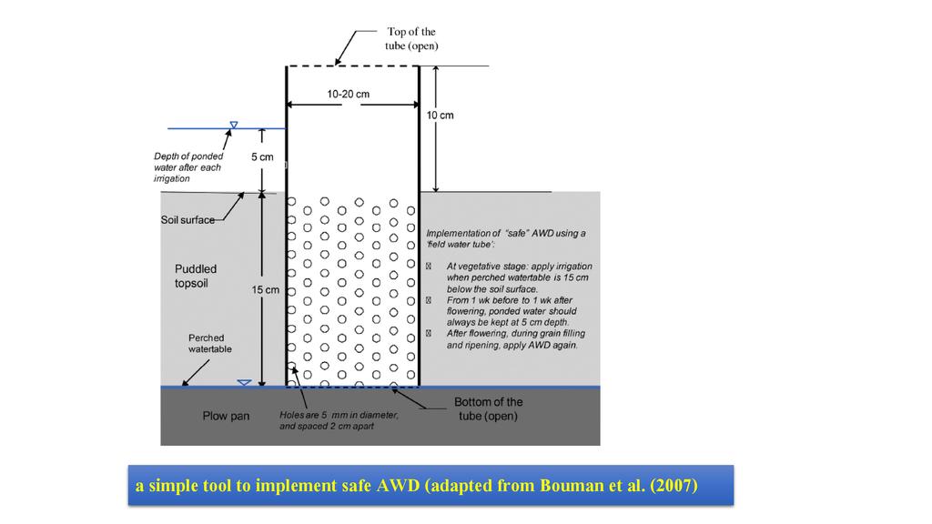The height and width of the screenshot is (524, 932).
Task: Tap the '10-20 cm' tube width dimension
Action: point(348,94)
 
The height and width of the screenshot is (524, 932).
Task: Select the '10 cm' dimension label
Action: point(441,116)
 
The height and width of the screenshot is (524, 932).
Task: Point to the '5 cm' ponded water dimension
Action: point(262,156)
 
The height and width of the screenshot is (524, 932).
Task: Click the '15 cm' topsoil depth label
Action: point(265,290)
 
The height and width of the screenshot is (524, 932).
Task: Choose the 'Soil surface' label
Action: point(187,220)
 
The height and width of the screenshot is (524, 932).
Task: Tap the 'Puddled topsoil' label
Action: point(196,276)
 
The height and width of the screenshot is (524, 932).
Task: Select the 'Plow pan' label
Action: point(226,416)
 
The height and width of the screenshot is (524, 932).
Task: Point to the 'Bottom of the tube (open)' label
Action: point(489,409)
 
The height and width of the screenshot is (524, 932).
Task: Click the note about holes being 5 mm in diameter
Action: point(339,420)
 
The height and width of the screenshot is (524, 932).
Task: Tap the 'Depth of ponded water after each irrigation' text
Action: point(188,166)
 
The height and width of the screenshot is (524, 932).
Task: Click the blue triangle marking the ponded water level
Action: point(234,125)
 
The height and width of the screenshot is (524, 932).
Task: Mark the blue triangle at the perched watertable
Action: point(243,382)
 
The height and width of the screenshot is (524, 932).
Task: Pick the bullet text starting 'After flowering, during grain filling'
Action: point(512,339)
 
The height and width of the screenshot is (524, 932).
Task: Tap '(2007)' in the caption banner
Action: point(674,485)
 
